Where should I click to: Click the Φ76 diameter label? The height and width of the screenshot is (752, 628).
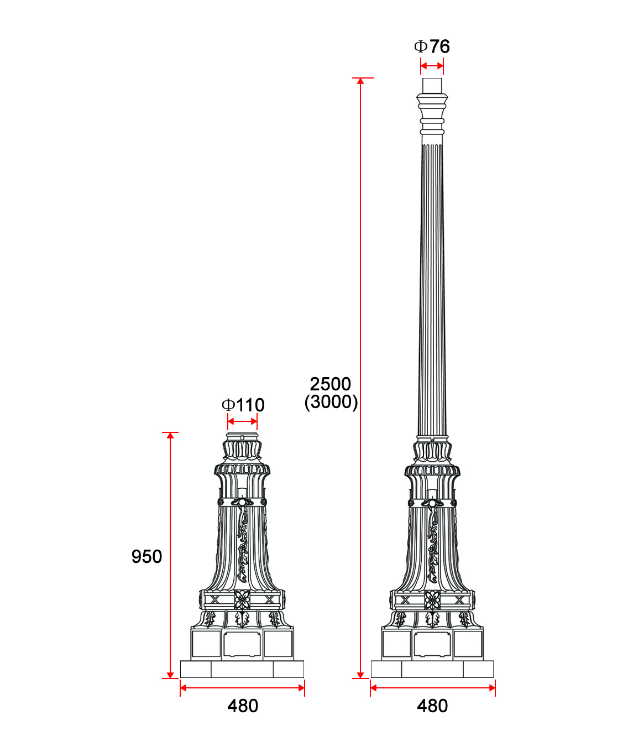432,46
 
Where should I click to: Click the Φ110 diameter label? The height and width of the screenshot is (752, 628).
243,405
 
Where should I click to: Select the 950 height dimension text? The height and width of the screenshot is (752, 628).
146,556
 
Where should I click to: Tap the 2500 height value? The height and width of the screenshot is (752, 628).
330,384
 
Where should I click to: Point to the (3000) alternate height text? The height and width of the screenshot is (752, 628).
331,402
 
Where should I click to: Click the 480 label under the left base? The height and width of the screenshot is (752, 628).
243,706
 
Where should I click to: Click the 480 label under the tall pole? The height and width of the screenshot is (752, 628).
432,706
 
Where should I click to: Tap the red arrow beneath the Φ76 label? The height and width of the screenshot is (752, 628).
432,66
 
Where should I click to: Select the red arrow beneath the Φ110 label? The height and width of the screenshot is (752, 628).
243,422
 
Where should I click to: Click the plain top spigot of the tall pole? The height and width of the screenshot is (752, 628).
432,86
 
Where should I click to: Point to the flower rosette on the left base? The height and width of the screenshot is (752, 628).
242,599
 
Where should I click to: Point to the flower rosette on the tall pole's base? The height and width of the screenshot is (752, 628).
432,599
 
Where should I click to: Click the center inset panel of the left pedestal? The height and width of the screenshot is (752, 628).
242,644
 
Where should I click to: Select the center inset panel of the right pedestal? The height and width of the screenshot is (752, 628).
432,644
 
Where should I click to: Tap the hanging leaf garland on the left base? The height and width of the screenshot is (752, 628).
242,545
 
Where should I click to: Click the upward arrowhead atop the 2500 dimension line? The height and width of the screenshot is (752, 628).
360,81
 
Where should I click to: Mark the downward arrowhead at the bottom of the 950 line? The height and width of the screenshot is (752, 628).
170,675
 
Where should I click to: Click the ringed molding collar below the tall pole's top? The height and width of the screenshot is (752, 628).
432,113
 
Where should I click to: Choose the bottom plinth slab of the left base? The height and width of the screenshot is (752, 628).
242,669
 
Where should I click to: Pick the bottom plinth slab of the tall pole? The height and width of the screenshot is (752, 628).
432,669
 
